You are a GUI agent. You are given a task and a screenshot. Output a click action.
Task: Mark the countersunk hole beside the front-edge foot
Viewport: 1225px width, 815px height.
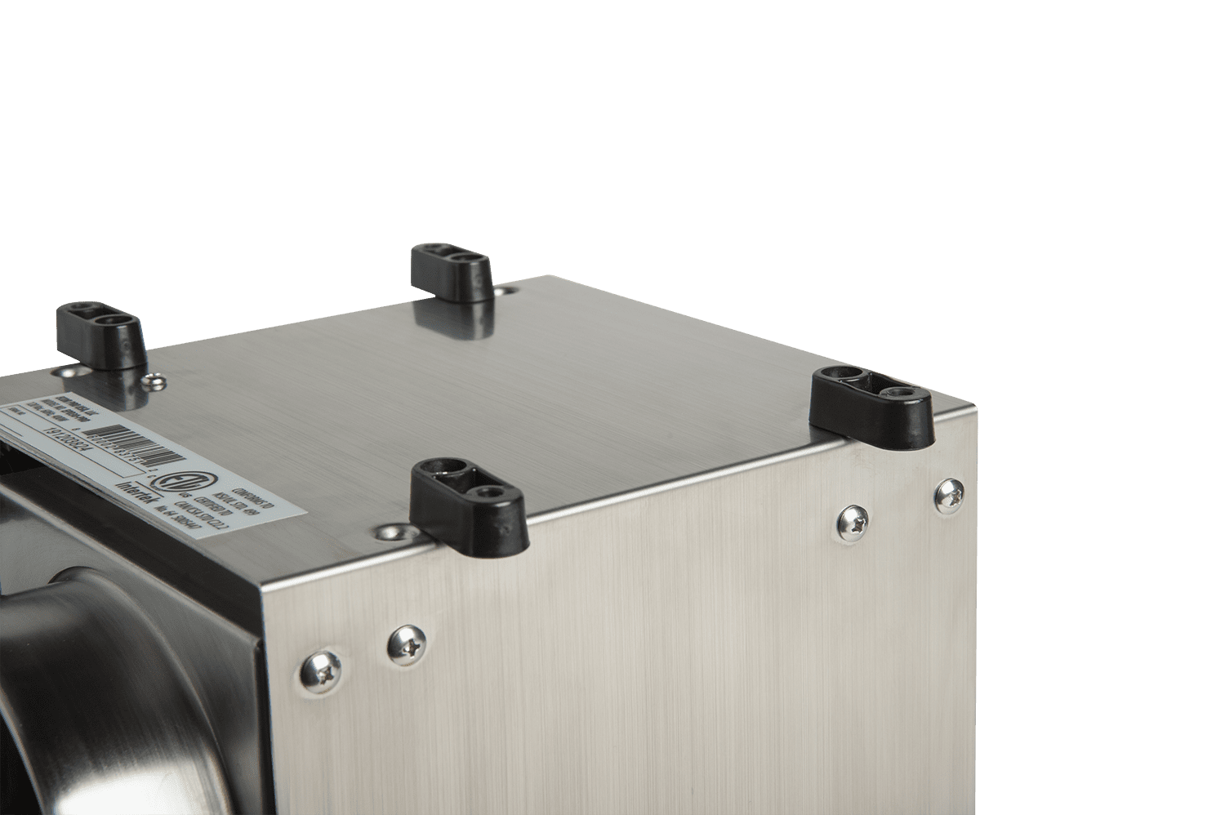(383, 532)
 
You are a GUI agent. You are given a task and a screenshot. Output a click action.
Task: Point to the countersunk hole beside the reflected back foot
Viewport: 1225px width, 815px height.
(506, 289)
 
